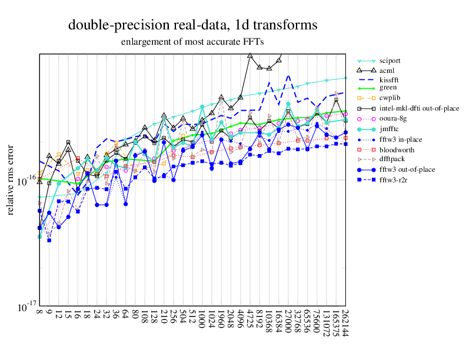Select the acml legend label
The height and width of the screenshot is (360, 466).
[387, 71]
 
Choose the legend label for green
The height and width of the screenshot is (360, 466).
[388, 88]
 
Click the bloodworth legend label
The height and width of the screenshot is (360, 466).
[397, 149]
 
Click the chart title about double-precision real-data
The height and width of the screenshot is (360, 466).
[193, 25]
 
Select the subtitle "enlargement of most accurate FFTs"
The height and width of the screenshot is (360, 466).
[193, 42]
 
